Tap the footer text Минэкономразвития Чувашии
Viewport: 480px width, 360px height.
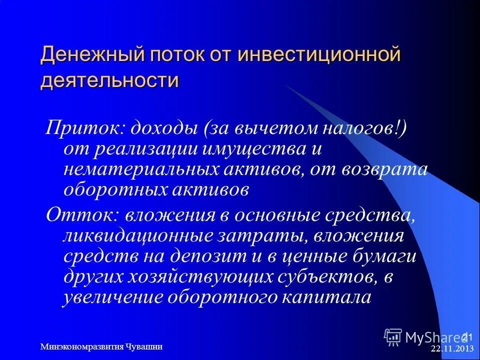click(x=101, y=346)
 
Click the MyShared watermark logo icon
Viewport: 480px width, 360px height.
click(x=393, y=337)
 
